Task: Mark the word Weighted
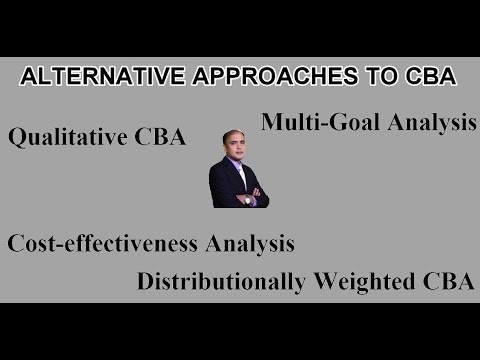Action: (x=369, y=282)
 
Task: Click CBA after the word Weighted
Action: (x=447, y=281)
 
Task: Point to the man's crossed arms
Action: (x=239, y=197)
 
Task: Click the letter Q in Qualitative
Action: (x=16, y=138)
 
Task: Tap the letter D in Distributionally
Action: (x=146, y=281)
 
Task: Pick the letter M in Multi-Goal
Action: (x=272, y=123)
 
